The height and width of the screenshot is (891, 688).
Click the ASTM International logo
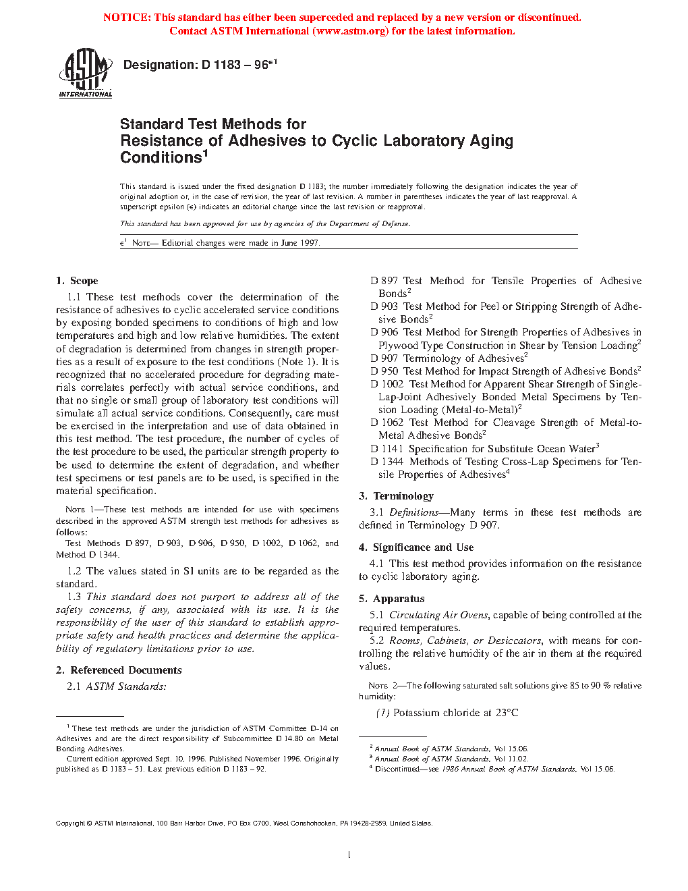click(x=85, y=72)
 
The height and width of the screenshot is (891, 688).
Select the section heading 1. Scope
click(x=77, y=281)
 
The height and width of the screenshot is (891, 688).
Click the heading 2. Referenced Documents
click(x=119, y=670)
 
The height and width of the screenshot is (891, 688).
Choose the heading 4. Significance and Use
click(x=416, y=547)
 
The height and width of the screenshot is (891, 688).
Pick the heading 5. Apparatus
click(x=392, y=599)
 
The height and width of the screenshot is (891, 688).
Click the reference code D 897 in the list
click(x=384, y=281)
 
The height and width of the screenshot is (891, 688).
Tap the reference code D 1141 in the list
click(x=386, y=449)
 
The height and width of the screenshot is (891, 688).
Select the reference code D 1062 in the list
click(x=386, y=423)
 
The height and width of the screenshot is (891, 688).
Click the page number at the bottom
click(x=349, y=855)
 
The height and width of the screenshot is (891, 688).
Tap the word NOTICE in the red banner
click(x=127, y=18)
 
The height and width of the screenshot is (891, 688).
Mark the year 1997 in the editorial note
click(x=309, y=243)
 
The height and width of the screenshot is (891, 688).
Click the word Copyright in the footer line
click(x=70, y=823)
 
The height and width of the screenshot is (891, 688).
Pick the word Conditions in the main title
click(x=161, y=158)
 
